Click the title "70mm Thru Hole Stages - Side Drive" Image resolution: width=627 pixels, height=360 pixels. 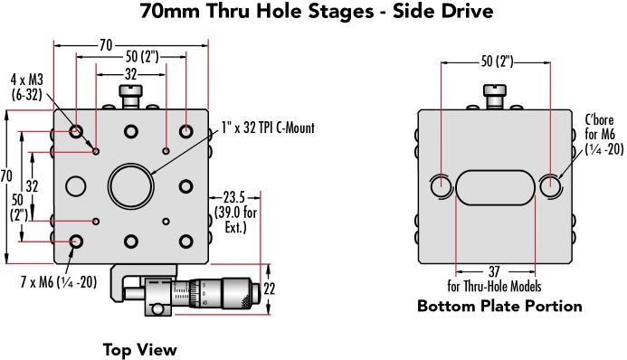317,11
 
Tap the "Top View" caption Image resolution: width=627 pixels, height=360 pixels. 140,350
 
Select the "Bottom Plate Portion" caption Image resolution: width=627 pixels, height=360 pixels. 499,306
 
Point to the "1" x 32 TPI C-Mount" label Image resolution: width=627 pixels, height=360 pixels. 268,128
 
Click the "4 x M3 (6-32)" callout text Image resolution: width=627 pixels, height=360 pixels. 26,87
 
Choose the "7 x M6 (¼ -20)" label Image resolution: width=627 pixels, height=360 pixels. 59,282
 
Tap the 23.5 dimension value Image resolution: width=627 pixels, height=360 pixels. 233,197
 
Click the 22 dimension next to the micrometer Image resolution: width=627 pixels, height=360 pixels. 269,289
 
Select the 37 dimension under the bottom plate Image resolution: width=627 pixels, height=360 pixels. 494,271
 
